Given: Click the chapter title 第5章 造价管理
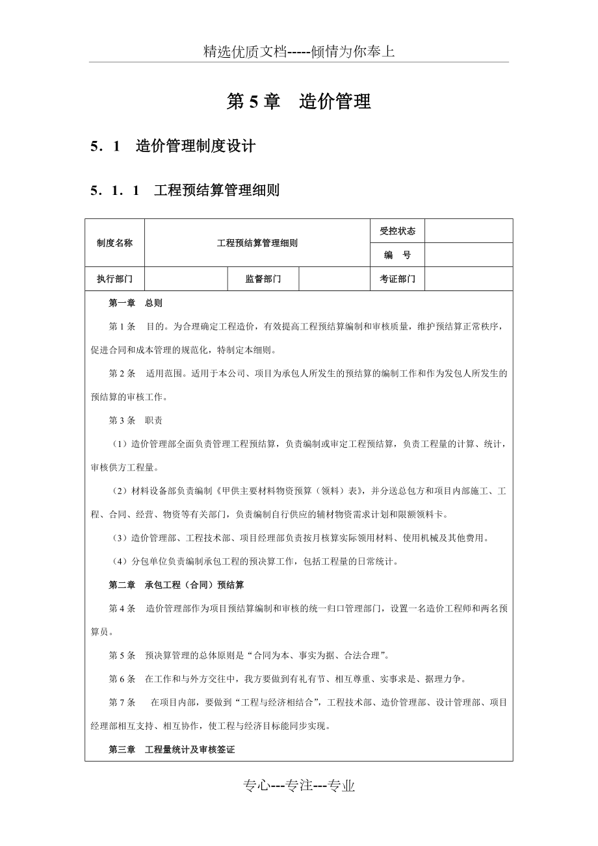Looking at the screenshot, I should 298,102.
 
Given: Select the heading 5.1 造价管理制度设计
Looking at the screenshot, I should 173,146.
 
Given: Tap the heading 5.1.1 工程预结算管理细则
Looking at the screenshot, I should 185,191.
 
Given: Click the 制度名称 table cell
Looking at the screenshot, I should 114,243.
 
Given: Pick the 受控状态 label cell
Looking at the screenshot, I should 397,231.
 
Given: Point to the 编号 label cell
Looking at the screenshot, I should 397,255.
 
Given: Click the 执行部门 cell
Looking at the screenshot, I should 114,279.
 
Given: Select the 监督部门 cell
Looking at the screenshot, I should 263,279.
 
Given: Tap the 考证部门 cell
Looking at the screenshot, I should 397,279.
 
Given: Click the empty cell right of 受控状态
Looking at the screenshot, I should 468,231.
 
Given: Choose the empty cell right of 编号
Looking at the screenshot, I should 468,255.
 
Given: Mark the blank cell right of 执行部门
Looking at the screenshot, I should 185,279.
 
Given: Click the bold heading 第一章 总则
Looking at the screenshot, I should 135,303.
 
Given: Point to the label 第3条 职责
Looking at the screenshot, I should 135,420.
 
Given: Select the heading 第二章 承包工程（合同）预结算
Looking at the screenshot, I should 176,585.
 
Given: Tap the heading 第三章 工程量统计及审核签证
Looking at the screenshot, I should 172,749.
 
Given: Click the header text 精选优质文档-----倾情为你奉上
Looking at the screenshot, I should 298,52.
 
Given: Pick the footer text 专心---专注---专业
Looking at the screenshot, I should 298,786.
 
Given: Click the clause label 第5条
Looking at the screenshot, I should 122,655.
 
